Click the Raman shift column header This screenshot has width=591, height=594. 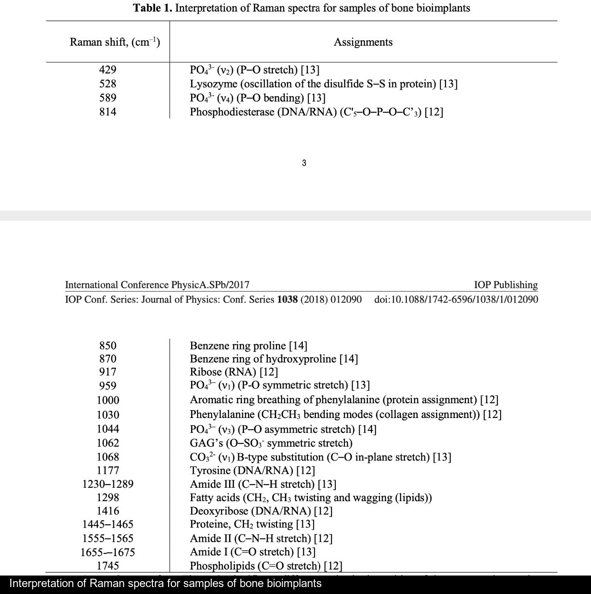[x=115, y=42]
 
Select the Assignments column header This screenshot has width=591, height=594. [x=363, y=42]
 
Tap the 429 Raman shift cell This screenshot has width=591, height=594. [x=108, y=70]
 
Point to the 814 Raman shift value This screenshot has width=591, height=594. [x=108, y=112]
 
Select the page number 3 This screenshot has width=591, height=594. [x=304, y=163]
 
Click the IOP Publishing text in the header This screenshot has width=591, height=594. [x=506, y=285]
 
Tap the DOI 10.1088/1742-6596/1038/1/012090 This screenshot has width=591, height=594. [x=456, y=299]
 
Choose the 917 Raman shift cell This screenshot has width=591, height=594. [x=108, y=372]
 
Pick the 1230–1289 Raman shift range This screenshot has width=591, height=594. [x=108, y=484]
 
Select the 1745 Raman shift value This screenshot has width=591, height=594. [x=108, y=566]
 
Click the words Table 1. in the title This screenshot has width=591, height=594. [x=152, y=8]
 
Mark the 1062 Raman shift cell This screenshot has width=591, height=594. [x=108, y=443]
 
